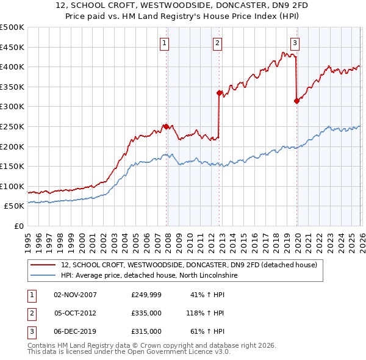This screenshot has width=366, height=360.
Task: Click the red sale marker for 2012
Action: point(218,93)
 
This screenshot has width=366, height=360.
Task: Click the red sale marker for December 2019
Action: point(296,101)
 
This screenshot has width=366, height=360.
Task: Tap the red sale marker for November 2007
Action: point(166,127)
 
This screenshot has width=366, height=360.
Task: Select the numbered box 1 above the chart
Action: point(165,43)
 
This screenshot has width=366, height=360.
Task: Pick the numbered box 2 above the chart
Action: point(218,43)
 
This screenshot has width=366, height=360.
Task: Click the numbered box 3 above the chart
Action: point(295,43)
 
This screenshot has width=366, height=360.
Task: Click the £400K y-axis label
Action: point(12,67)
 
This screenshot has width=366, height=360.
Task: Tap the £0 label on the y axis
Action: point(18,226)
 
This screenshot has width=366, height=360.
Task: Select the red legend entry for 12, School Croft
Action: point(189,265)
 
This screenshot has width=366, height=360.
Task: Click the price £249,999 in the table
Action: point(146,295)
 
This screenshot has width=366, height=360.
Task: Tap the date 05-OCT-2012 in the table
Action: point(76,313)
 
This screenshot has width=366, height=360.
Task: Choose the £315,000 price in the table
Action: point(146,331)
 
